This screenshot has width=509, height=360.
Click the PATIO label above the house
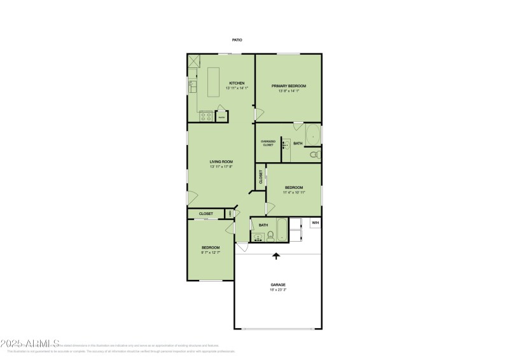click(x=237, y=40)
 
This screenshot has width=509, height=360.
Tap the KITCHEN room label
click(x=237, y=83)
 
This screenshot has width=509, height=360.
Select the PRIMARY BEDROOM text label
click(x=289, y=86)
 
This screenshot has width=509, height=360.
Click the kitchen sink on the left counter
click(x=192, y=84)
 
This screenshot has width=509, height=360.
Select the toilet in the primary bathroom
click(x=314, y=154)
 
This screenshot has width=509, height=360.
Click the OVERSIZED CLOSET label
click(x=267, y=143)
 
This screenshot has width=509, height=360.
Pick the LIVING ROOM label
click(x=221, y=162)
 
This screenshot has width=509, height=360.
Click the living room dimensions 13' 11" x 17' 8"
click(x=221, y=167)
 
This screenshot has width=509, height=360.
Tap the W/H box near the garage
click(x=315, y=223)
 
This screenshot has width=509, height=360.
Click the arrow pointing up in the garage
click(x=276, y=256)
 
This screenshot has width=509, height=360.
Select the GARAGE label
click(x=278, y=284)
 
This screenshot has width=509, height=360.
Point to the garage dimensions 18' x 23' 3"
click(x=278, y=289)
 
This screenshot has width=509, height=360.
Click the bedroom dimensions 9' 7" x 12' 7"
click(x=211, y=253)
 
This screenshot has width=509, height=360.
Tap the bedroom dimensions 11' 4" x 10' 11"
click(x=294, y=192)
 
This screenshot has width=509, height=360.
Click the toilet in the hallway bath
click(x=270, y=236)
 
